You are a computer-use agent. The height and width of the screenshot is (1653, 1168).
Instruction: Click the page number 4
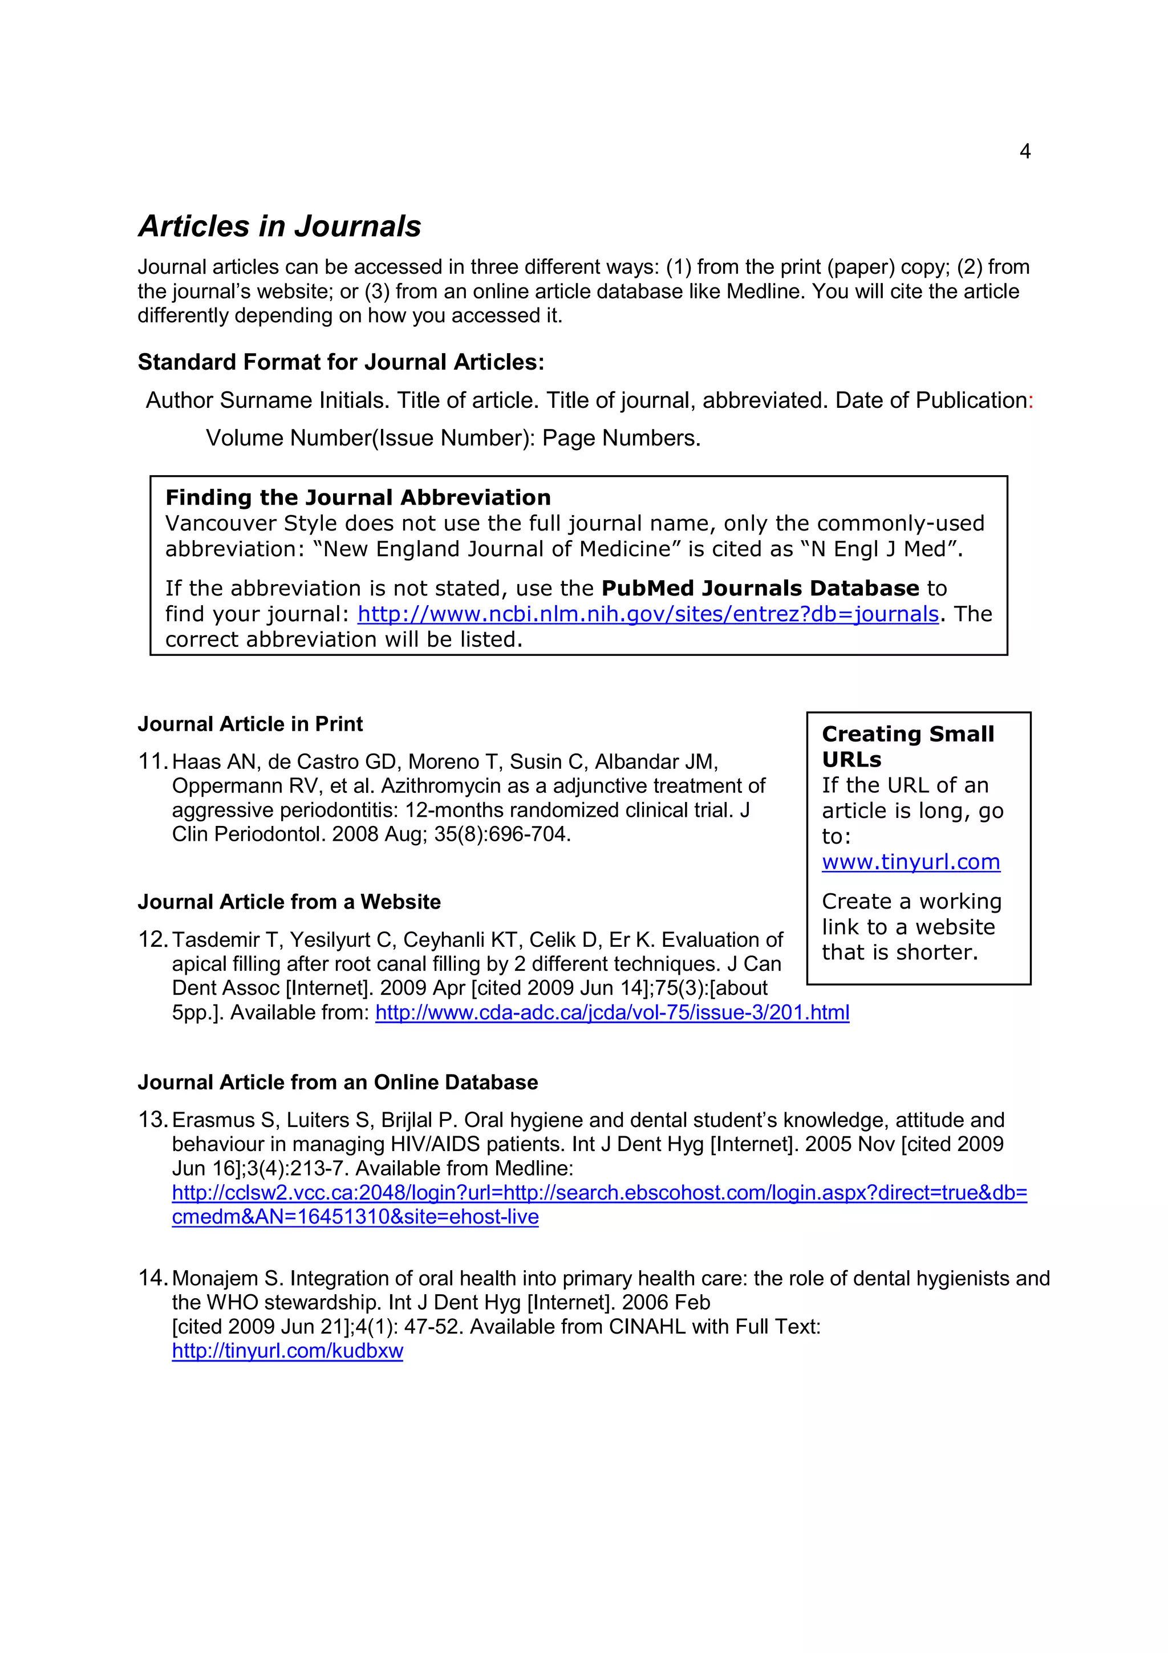click(x=1025, y=151)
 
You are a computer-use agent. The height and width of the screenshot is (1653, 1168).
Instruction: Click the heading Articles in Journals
click(x=279, y=226)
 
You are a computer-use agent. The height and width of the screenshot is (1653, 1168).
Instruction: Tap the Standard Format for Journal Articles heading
click(x=340, y=362)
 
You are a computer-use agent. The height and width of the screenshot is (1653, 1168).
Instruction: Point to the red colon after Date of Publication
click(x=1031, y=401)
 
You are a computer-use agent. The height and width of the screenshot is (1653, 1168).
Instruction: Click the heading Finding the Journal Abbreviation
click(x=358, y=497)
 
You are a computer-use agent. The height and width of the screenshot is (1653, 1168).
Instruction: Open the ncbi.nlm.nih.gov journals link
click(x=648, y=614)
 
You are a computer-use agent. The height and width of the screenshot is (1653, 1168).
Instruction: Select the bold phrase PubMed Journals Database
click(x=760, y=588)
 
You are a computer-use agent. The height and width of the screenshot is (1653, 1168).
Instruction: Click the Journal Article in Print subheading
click(x=250, y=724)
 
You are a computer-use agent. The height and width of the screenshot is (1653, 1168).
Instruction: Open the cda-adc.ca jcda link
click(x=612, y=1013)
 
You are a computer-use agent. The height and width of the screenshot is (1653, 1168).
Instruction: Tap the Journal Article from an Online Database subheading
click(x=338, y=1082)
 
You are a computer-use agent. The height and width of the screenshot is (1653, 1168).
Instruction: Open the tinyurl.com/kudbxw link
click(x=287, y=1351)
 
